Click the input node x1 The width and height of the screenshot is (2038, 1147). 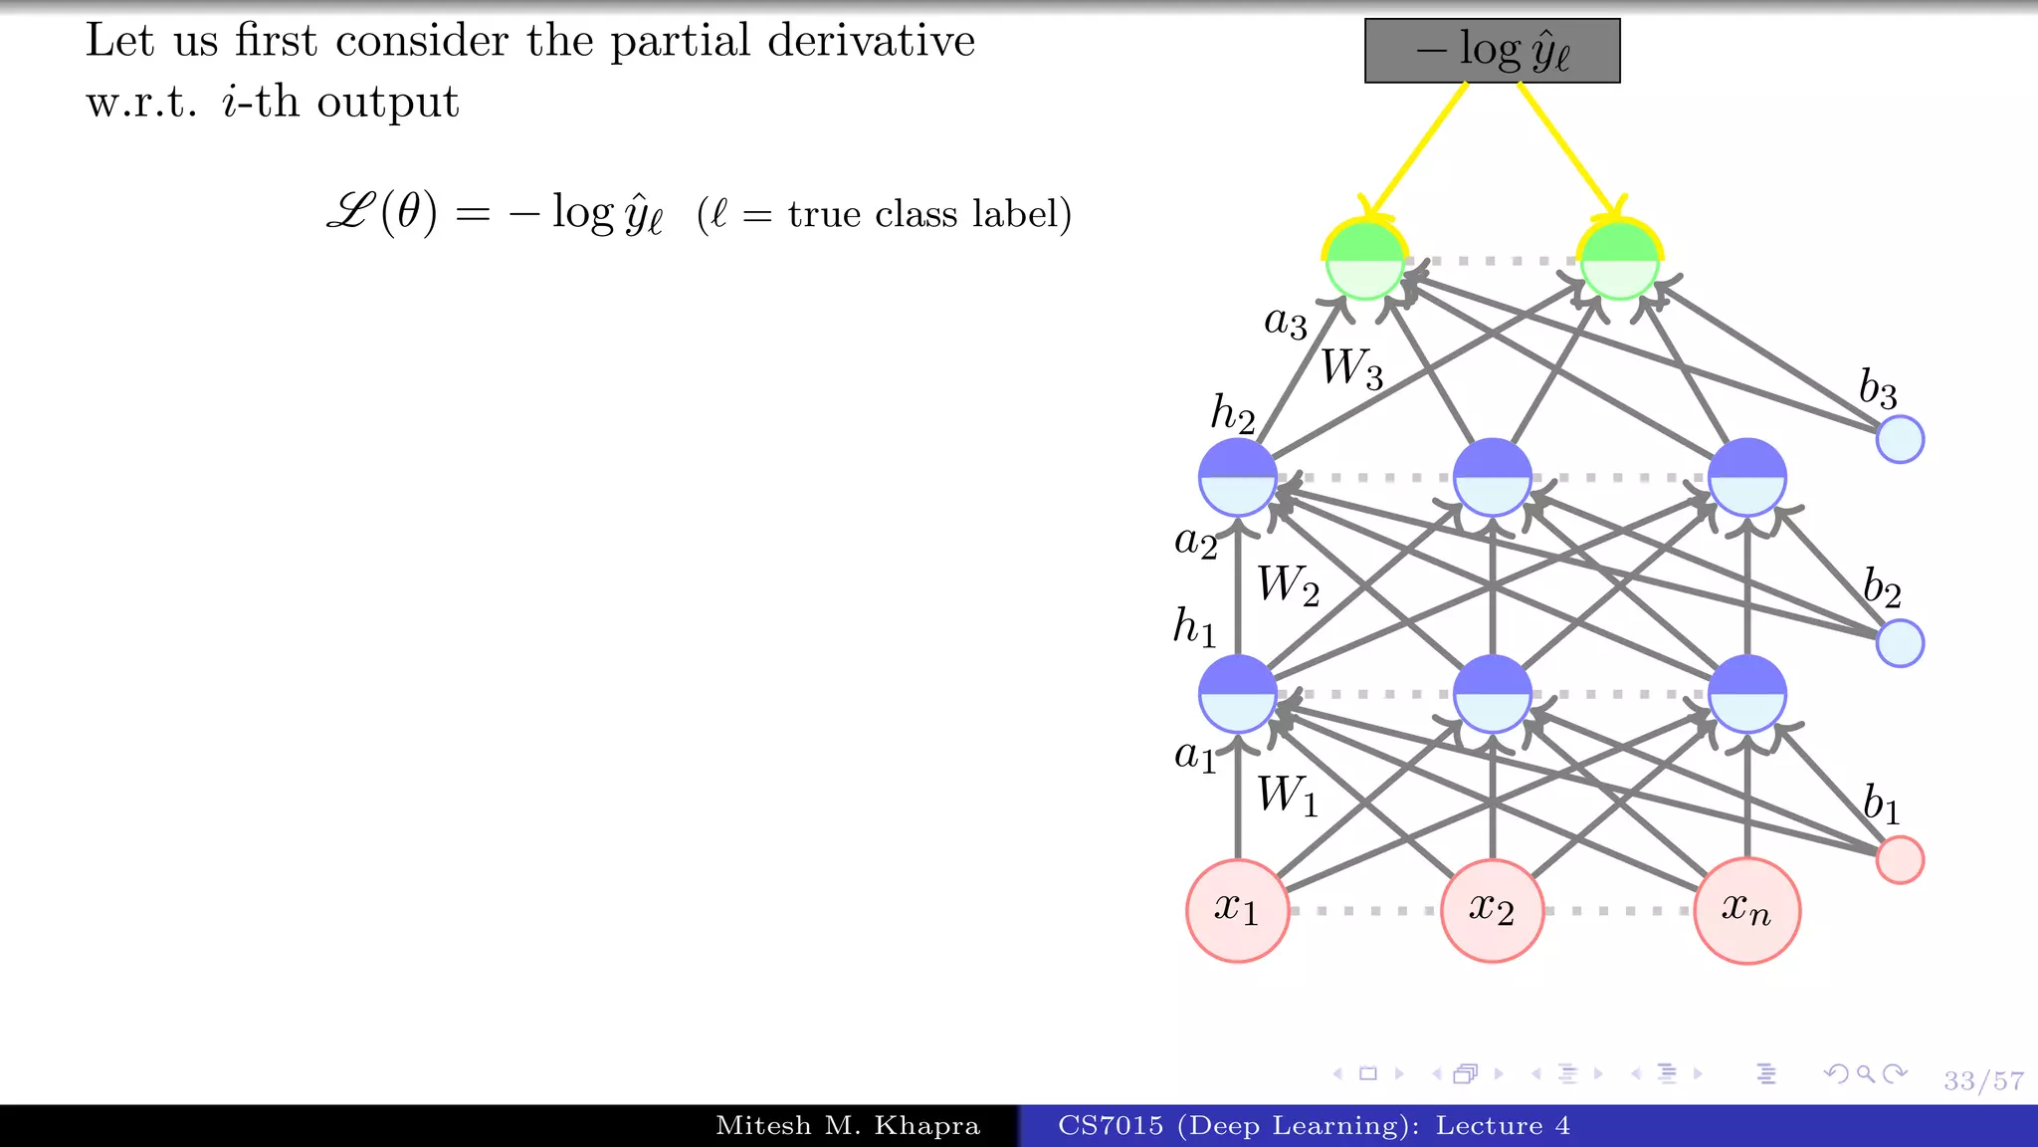pyautogui.click(x=1237, y=910)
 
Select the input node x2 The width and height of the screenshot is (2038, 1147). pyautogui.click(x=1492, y=910)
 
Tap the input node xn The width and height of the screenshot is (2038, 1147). pyautogui.click(x=1746, y=910)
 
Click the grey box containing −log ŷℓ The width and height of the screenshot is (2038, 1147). pyautogui.click(x=1492, y=51)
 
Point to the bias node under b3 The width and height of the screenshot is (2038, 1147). pyautogui.click(x=1900, y=439)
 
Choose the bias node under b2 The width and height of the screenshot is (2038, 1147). pyautogui.click(x=1900, y=642)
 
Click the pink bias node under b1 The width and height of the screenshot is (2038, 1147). pyautogui.click(x=1900, y=859)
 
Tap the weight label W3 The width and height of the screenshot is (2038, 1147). pyautogui.click(x=1351, y=368)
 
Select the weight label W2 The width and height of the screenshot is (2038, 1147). pyautogui.click(x=1288, y=585)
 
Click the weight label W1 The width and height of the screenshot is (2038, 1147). pyautogui.click(x=1287, y=797)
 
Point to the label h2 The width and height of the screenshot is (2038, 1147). pyautogui.click(x=1232, y=412)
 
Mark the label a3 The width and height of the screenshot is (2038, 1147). pyautogui.click(x=1285, y=323)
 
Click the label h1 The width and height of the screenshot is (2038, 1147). pyautogui.click(x=1194, y=627)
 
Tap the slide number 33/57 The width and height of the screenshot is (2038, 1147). pyautogui.click(x=1983, y=1080)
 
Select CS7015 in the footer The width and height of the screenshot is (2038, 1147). pyautogui.click(x=1110, y=1126)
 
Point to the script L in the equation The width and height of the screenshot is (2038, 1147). pyautogui.click(x=350, y=212)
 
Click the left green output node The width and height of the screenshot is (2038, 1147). pyautogui.click(x=1364, y=261)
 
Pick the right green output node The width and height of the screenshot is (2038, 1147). pyautogui.click(x=1619, y=261)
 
